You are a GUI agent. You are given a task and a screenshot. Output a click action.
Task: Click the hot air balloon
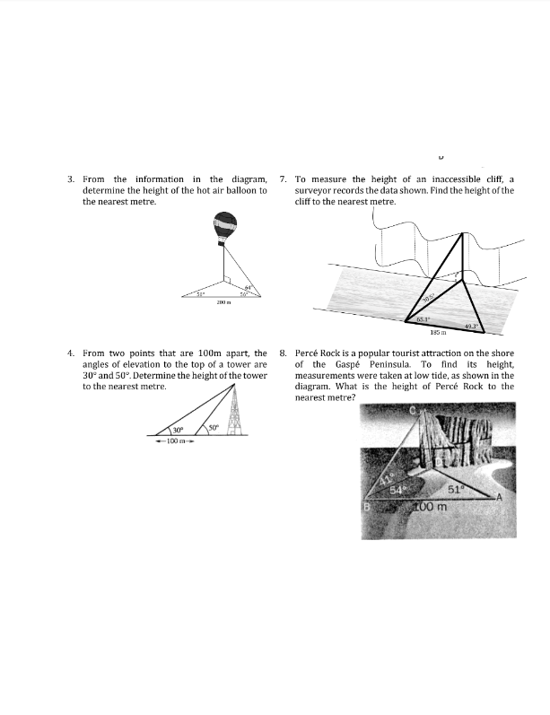tap(224, 227)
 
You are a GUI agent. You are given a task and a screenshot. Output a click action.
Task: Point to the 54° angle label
tap(408, 488)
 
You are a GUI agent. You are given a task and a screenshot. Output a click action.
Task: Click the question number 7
tap(284, 179)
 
